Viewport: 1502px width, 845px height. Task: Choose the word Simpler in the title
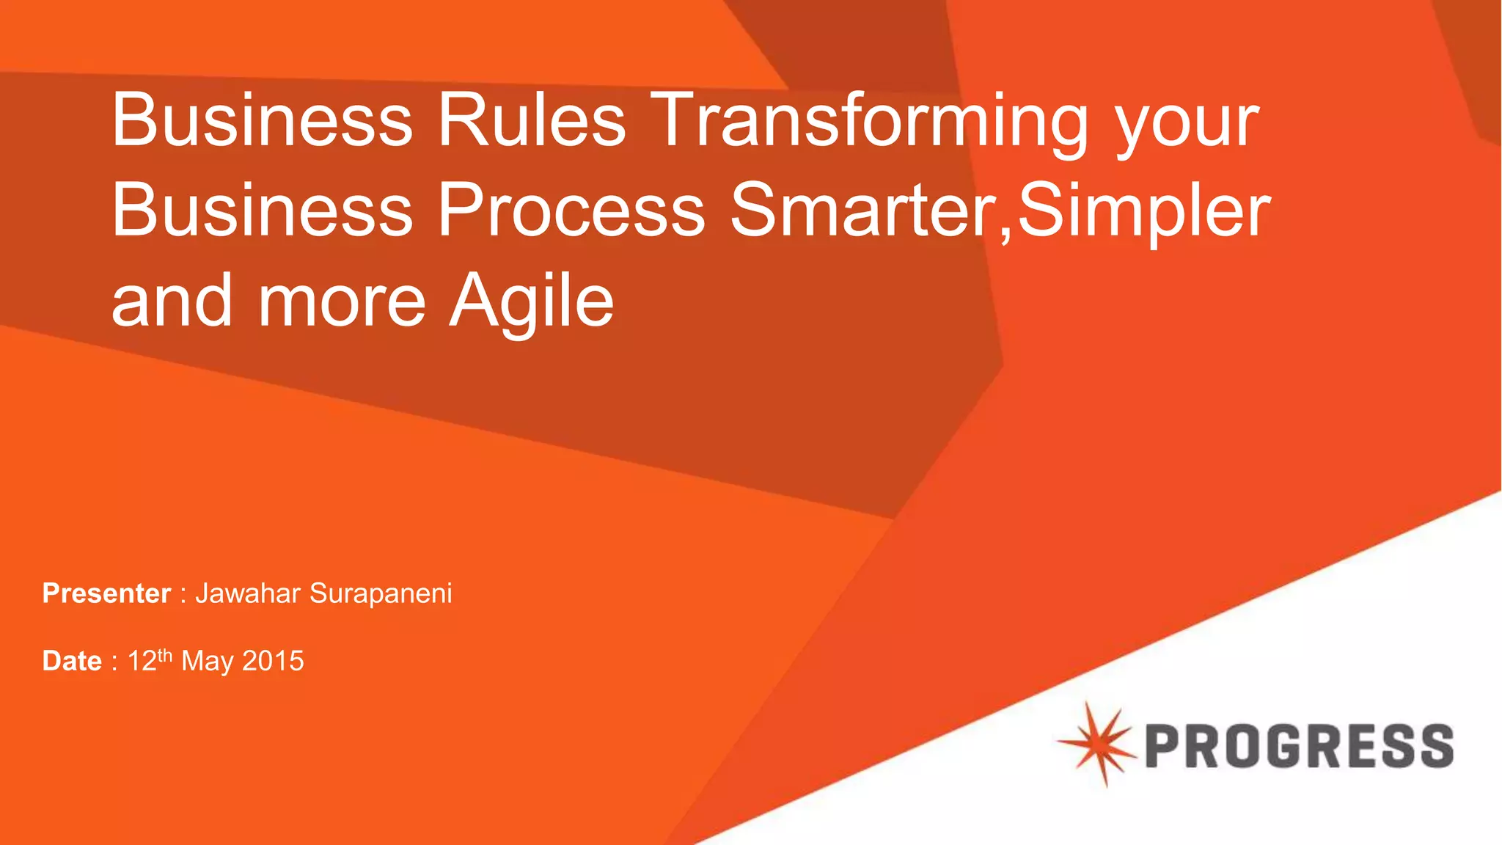[x=1144, y=213]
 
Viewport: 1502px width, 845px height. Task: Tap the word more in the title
[x=341, y=302]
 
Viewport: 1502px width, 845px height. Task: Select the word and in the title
[x=172, y=301]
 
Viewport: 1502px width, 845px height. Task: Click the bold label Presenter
[x=106, y=593]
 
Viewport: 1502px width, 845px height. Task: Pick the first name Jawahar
[x=248, y=593]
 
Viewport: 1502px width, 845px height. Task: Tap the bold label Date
[x=72, y=661]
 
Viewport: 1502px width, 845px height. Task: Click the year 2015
[x=273, y=661]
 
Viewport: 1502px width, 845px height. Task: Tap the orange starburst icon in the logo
[x=1098, y=744]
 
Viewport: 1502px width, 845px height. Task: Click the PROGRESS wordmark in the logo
[x=1299, y=746]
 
